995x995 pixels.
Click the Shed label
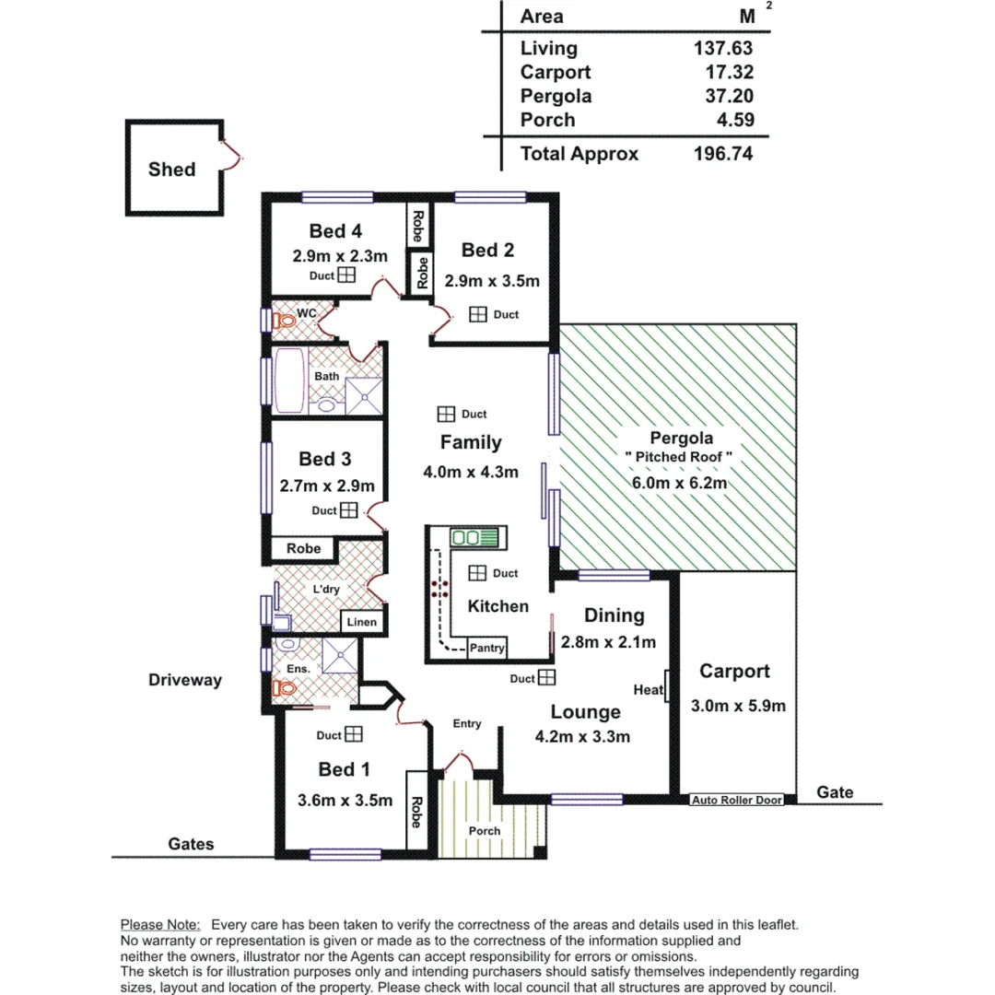click(171, 170)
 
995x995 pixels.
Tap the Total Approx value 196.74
click(722, 154)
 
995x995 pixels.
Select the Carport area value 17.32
click(722, 72)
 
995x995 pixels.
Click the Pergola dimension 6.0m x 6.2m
click(681, 484)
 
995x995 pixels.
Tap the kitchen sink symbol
click(473, 537)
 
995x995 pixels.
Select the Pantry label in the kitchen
click(486, 649)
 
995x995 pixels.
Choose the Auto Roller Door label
click(737, 800)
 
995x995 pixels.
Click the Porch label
click(485, 831)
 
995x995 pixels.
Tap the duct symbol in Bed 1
click(354, 734)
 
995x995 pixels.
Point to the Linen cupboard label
click(362, 623)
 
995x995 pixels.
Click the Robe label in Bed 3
click(303, 548)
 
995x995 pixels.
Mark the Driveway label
click(185, 681)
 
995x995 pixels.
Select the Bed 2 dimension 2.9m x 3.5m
click(491, 281)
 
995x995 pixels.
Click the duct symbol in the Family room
click(446, 415)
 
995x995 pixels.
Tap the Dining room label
click(614, 615)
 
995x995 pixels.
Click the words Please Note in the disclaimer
click(159, 924)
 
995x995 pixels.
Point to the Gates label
click(192, 844)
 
